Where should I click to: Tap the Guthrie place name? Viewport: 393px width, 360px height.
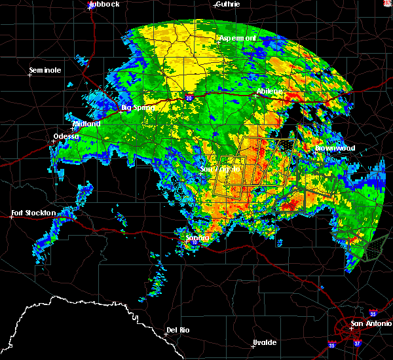(x=227, y=4)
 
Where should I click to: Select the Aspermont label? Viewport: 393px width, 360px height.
(x=237, y=39)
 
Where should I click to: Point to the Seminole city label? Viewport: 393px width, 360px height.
(x=45, y=70)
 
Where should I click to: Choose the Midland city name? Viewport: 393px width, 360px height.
(x=86, y=124)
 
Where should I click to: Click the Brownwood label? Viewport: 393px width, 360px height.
(x=335, y=148)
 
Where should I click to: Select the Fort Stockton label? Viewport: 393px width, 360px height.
(x=35, y=213)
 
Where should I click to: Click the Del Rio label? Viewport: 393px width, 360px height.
(x=178, y=330)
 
